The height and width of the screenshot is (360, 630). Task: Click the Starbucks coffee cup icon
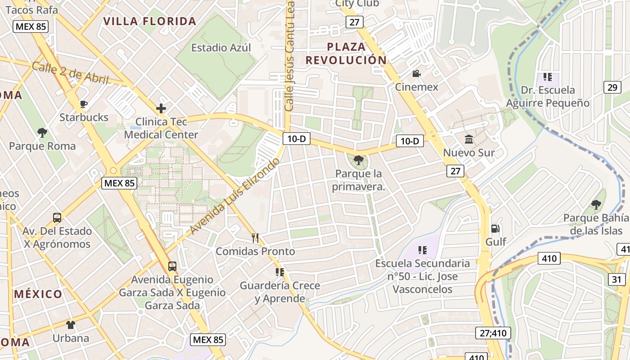pos(83,104)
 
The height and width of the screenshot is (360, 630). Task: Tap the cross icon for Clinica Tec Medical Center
pos(161,108)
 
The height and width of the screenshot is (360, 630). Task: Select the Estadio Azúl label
pos(221,48)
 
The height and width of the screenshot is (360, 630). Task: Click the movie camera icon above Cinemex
pos(416,73)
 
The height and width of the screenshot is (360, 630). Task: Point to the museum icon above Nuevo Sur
pos(469,139)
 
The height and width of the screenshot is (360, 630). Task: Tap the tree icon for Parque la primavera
pos(358,160)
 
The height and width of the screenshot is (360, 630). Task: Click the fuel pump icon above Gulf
pos(495,229)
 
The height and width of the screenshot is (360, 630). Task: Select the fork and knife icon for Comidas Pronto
pos(255,238)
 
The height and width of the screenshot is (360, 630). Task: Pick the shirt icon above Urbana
pos(71,324)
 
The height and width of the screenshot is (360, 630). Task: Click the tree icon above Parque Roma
pos(42,133)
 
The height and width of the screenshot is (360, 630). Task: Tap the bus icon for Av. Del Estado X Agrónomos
pos(57,218)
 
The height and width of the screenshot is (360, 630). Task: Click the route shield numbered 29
pos(612,87)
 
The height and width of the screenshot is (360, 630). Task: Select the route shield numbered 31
pos(616,279)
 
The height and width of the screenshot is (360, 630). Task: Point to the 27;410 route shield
pos(493,333)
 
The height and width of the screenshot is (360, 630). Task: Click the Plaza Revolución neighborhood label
pos(346,53)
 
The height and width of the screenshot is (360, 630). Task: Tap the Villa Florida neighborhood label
pos(150,21)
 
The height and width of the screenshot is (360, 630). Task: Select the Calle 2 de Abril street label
pos(71,73)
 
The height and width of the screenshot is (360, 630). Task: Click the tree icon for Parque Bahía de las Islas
pos(596,205)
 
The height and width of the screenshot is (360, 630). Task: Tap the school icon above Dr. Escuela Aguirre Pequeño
pos(547,77)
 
